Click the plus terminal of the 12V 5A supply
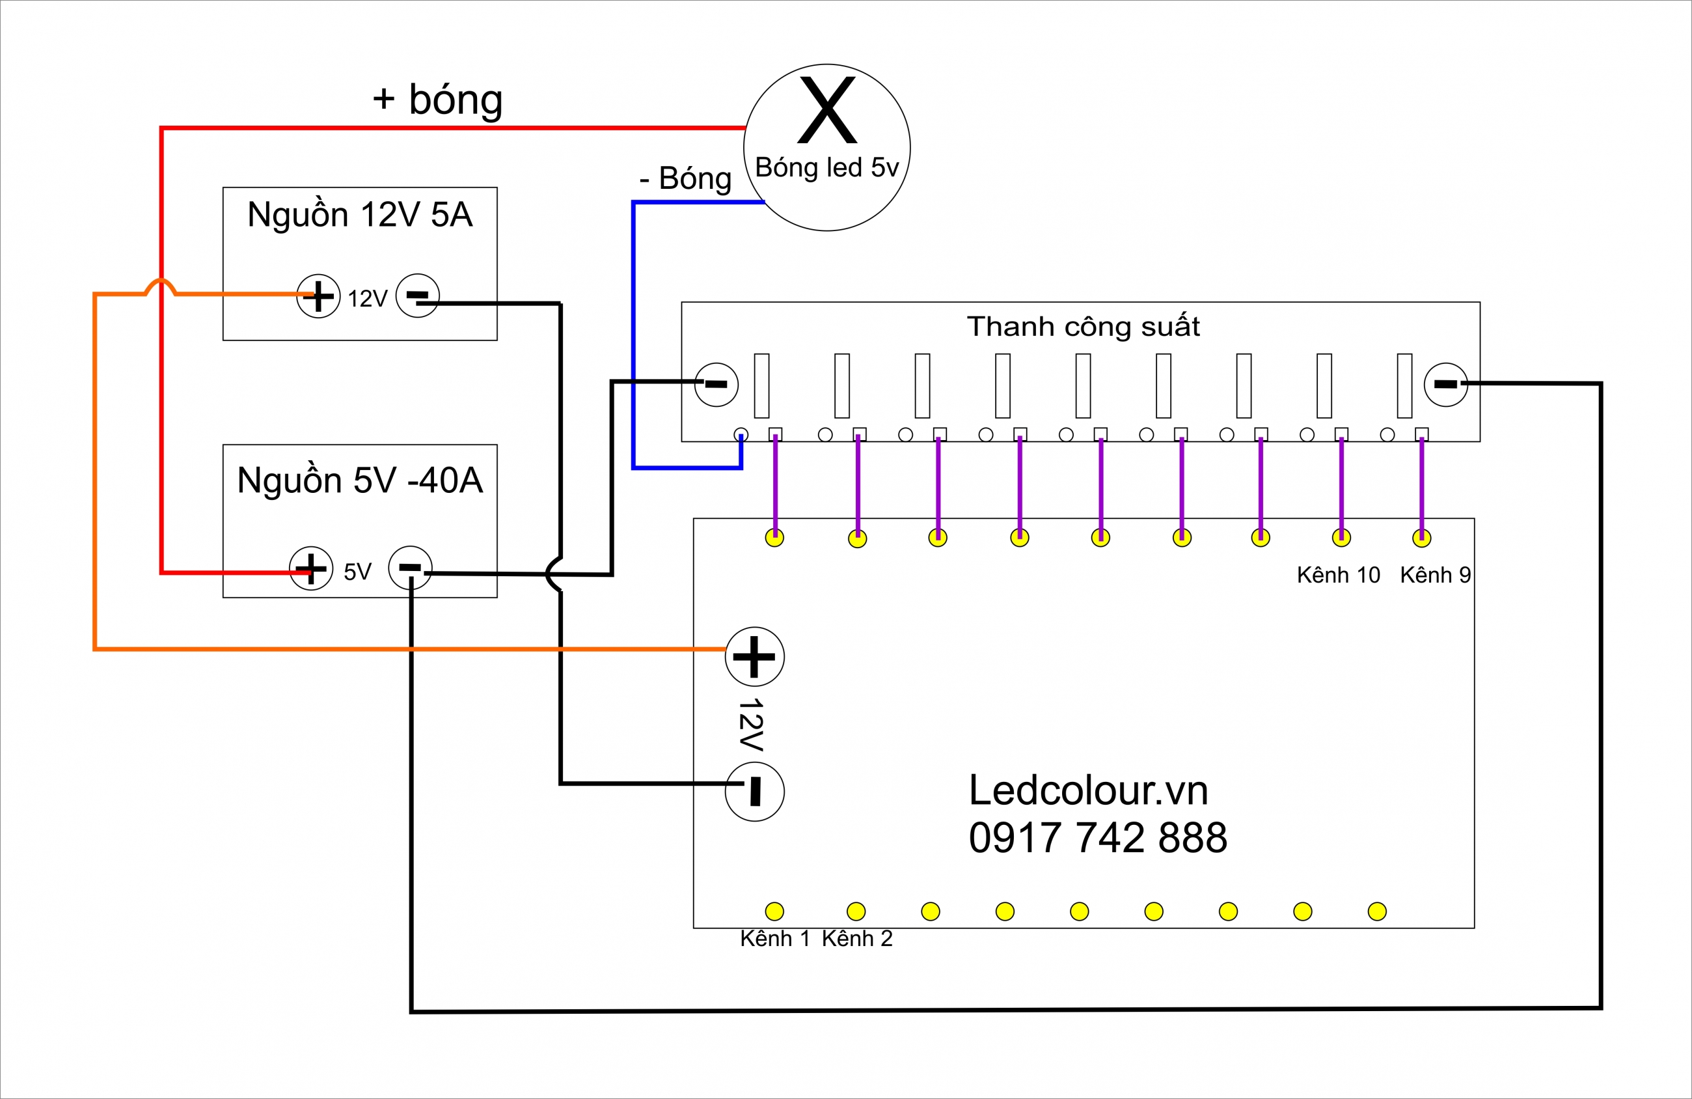pyautogui.click(x=318, y=296)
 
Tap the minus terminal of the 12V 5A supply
pyautogui.click(x=417, y=295)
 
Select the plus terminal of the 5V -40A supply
pyautogui.click(x=310, y=568)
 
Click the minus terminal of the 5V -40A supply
pyautogui.click(x=410, y=568)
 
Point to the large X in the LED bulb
pyautogui.click(x=827, y=109)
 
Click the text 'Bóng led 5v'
pyautogui.click(x=827, y=168)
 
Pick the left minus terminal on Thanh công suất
pyautogui.click(x=716, y=385)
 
